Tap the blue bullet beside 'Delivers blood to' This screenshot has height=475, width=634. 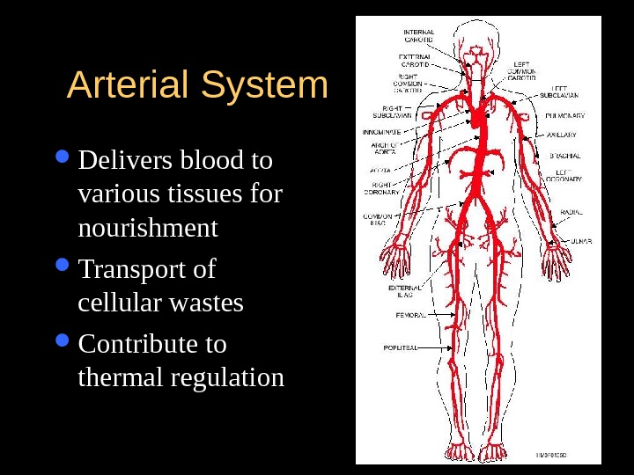[62, 159]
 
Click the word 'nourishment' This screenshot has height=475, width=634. [148, 228]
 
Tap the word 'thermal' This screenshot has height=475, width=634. [121, 378]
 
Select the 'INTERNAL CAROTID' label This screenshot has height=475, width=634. [418, 36]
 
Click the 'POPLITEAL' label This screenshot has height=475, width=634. [400, 347]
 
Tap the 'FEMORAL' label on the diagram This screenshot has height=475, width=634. [409, 314]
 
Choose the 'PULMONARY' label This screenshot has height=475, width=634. [565, 115]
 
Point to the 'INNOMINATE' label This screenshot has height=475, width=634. [382, 131]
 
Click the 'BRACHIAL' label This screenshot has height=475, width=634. [564, 156]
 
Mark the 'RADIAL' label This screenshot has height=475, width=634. [572, 212]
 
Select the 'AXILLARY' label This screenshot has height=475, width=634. [562, 135]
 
